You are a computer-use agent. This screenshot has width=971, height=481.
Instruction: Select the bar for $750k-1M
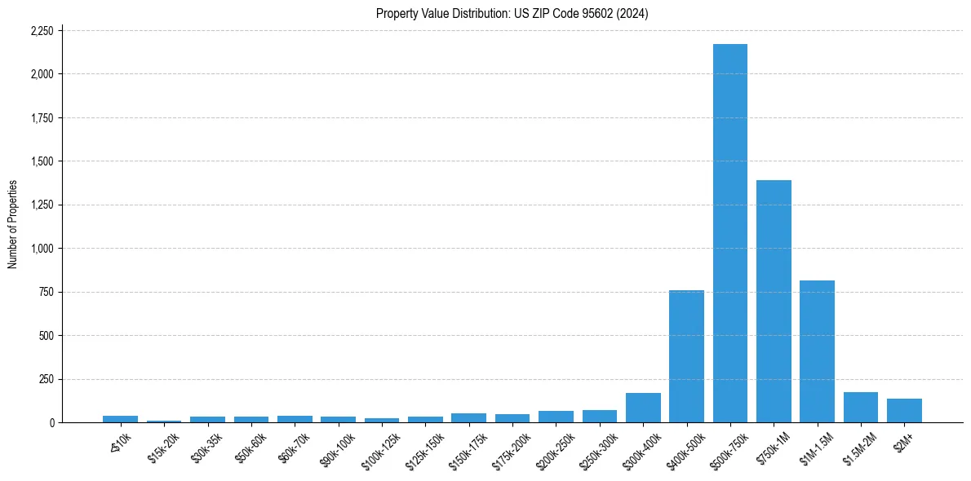coord(774,302)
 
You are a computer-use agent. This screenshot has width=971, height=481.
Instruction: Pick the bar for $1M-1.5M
coord(817,351)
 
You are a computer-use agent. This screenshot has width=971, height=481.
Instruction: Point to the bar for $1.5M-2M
coord(861,408)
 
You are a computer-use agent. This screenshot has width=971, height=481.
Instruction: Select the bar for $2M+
coord(904,411)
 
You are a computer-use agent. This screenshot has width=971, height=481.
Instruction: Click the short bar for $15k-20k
coord(164,421)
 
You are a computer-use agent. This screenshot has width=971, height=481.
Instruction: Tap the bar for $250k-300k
coord(600,416)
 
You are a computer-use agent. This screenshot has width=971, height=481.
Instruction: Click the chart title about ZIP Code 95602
coord(512,13)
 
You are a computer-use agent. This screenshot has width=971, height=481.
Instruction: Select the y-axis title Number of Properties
coord(13,224)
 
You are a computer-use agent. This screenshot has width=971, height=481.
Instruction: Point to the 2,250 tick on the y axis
coord(42,31)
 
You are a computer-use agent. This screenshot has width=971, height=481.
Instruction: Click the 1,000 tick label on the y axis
coord(42,249)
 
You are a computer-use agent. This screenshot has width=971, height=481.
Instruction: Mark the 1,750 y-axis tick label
coord(42,118)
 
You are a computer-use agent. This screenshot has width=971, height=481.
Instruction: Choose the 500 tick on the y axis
coord(47,336)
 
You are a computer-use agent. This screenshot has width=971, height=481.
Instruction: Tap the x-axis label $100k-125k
coord(382,447)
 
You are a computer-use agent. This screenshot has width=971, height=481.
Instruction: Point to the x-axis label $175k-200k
coord(512,447)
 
